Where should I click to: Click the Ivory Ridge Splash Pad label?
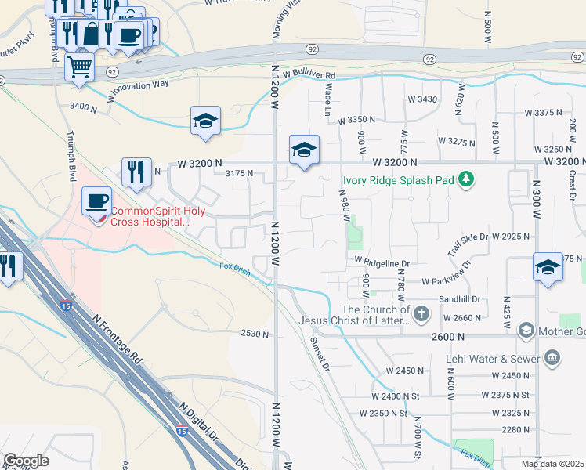[x=398, y=180]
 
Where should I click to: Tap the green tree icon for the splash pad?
[x=467, y=179]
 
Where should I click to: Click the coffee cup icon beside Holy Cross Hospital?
[x=97, y=201]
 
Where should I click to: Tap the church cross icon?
[x=421, y=314]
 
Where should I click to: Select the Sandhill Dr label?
[x=459, y=299]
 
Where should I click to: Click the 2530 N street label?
[x=255, y=334]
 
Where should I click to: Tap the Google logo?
[x=26, y=461]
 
